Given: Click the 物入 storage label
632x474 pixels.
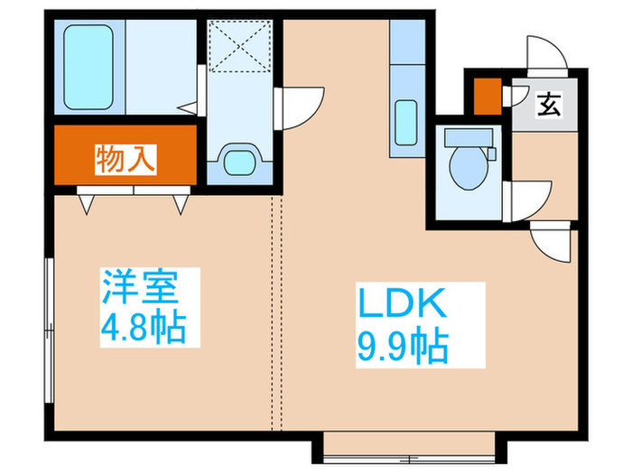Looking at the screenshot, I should pyautogui.click(x=126, y=160).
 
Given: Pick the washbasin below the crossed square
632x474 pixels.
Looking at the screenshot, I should pyautogui.click(x=239, y=163).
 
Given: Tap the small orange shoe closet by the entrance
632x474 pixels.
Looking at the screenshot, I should pyautogui.click(x=487, y=97).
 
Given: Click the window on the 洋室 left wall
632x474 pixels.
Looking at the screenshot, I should pyautogui.click(x=51, y=308).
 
